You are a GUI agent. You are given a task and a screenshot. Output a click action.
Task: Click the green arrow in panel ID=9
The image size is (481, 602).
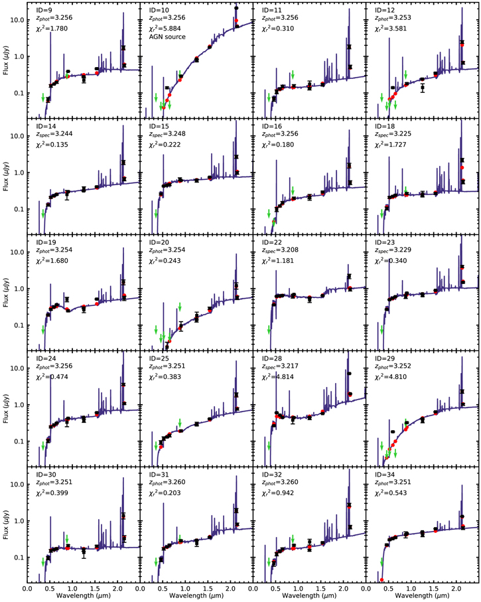tap(43, 98)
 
